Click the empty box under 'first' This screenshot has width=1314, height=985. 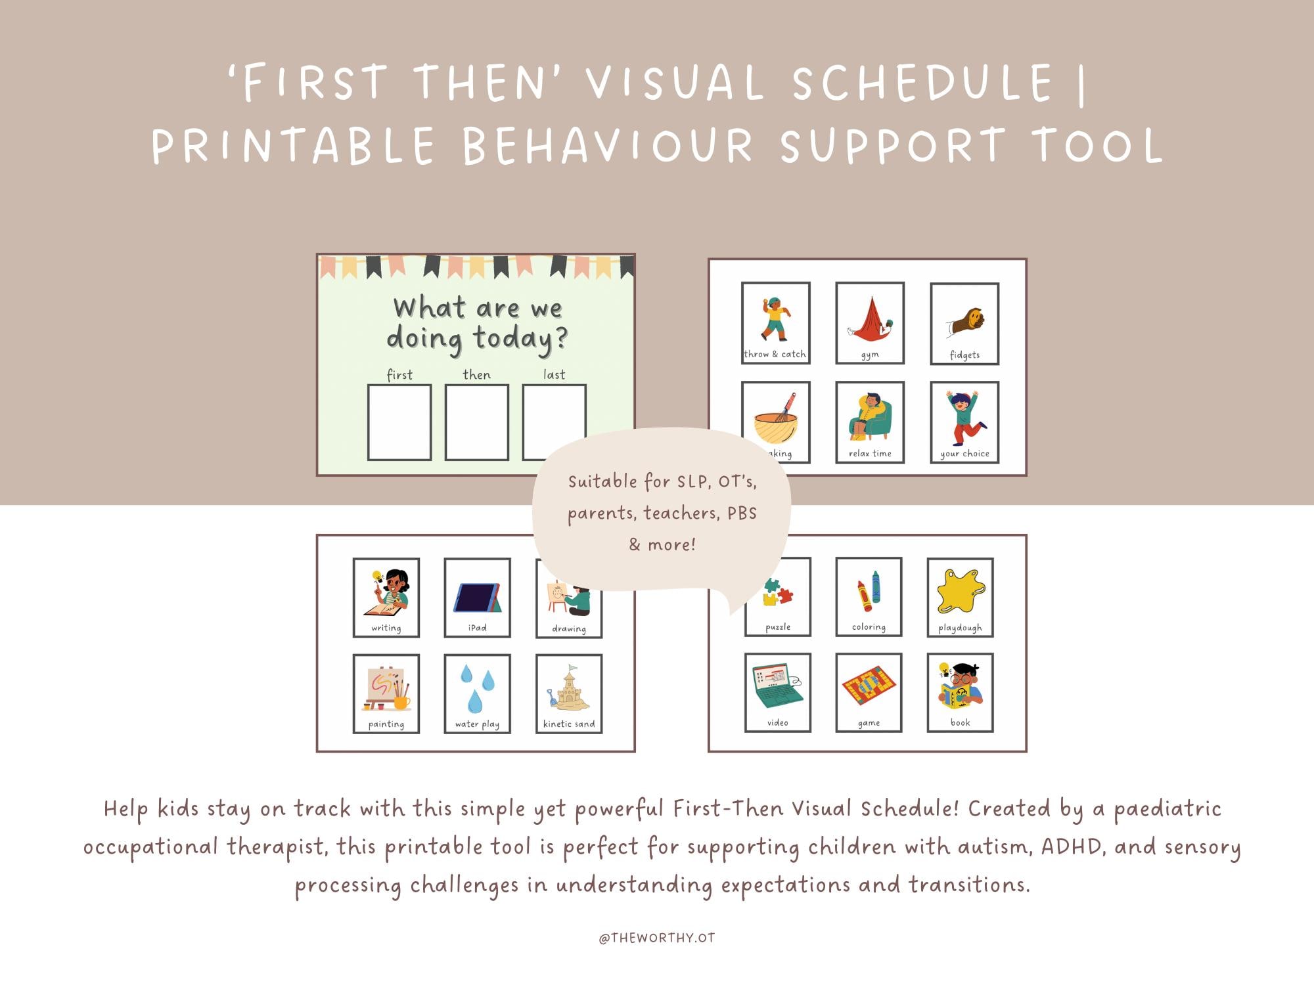(399, 422)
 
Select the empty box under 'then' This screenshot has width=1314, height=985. (476, 422)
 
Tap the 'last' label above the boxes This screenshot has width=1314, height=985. (554, 374)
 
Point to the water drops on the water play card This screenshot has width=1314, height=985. (477, 688)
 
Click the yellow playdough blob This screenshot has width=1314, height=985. (961, 590)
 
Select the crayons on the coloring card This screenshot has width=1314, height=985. (869, 590)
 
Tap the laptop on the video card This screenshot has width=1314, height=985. (777, 686)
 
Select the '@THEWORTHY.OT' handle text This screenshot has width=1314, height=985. (656, 938)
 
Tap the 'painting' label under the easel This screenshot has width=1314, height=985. (386, 724)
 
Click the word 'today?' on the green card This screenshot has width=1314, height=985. (520, 339)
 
